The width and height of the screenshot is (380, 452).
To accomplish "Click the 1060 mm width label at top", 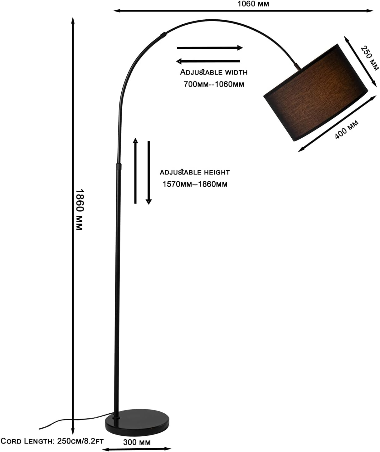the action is click(253, 4).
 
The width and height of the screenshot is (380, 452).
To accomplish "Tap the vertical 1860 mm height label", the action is click(80, 209).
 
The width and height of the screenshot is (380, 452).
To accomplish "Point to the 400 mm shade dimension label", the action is click(346, 129).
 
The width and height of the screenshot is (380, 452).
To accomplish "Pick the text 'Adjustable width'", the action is click(214, 72).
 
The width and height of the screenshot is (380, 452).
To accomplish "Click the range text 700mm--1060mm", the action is click(214, 84).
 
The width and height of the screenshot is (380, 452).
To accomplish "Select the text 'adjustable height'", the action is click(195, 172).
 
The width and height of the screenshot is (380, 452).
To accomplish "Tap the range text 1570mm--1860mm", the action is click(195, 184).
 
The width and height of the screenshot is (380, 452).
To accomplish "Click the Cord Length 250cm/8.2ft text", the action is click(52, 441).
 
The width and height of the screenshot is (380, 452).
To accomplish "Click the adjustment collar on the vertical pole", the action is click(119, 166).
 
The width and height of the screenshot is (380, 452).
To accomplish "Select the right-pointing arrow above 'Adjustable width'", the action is click(210, 48).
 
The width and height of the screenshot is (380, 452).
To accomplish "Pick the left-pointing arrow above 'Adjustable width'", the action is click(208, 61).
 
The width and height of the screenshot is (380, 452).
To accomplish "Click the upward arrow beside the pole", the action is click(135, 170).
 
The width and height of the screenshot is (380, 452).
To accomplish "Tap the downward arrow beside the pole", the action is click(149, 173).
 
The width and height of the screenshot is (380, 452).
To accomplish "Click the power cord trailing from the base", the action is click(76, 420).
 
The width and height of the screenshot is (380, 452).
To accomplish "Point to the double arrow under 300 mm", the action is click(137, 449).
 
